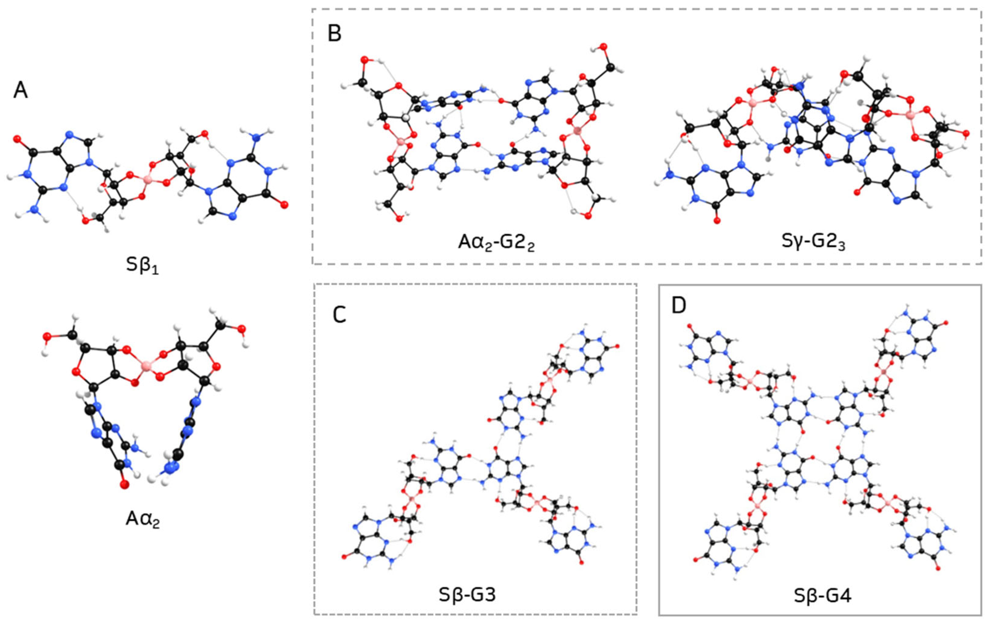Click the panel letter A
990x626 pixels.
tap(21, 90)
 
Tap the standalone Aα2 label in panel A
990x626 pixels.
tap(143, 520)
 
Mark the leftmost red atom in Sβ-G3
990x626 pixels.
tap(344, 557)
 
